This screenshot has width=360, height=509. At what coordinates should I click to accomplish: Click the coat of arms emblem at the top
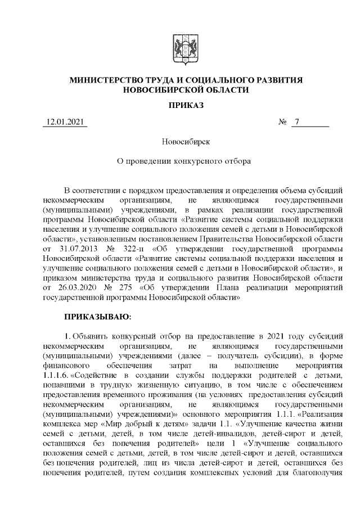pyautogui.click(x=179, y=48)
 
